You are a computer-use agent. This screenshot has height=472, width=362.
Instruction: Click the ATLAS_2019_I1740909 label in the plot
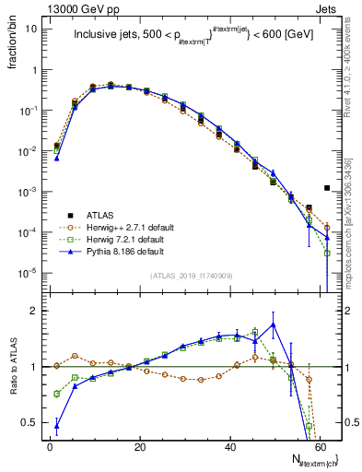tap(192, 277)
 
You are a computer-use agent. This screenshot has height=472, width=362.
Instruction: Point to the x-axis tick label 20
tap(139, 445)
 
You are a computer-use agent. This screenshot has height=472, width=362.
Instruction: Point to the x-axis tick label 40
tap(229, 445)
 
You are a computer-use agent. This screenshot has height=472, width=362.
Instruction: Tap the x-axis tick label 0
tap(50, 445)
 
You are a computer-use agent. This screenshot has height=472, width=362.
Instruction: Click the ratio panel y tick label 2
tap(34, 311)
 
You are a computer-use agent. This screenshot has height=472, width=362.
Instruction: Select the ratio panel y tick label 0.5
tap(30, 422)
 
